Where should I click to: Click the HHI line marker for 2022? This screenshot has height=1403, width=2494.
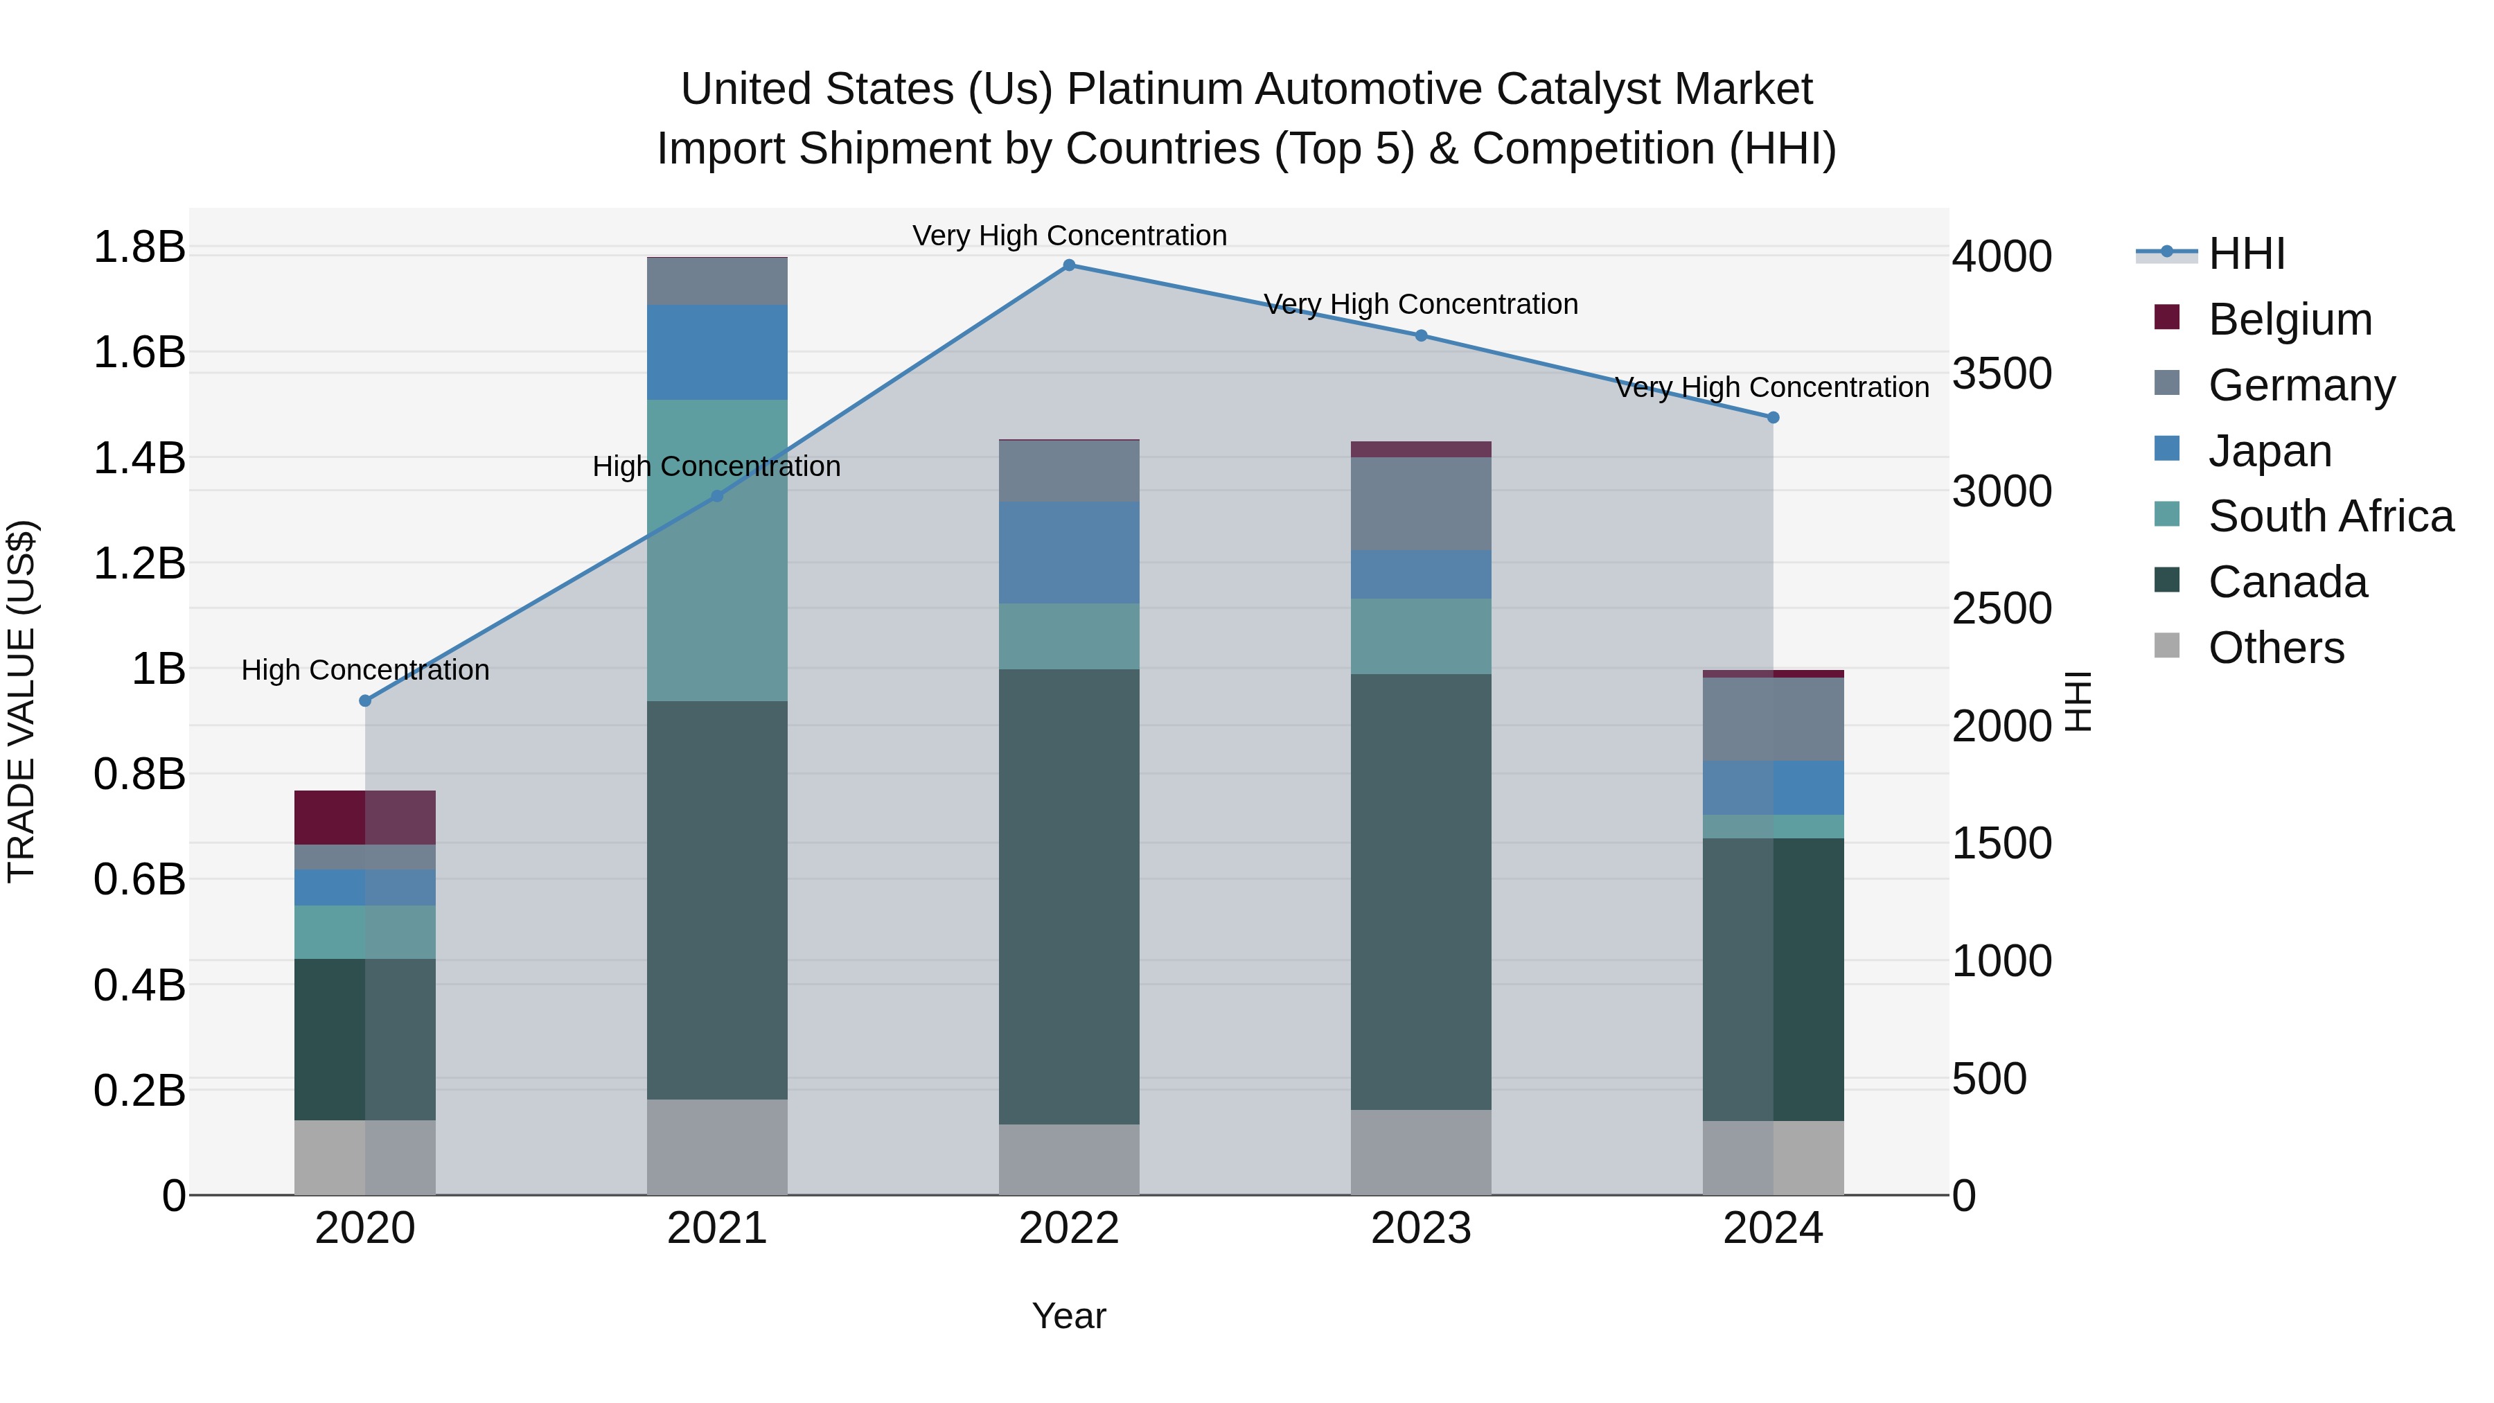[1069, 265]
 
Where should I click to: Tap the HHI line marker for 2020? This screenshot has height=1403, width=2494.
[365, 701]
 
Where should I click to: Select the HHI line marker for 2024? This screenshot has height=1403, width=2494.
[1773, 417]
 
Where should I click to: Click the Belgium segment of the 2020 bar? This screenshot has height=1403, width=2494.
[365, 818]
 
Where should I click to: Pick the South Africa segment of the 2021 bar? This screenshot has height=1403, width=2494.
[716, 550]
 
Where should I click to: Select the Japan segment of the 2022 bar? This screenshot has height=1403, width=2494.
[1069, 552]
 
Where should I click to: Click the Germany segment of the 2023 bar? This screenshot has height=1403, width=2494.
[1420, 504]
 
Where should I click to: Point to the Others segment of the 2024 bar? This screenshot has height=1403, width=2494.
[1773, 1158]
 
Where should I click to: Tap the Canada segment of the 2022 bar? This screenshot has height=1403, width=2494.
[1069, 896]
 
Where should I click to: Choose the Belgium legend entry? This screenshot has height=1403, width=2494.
[2289, 319]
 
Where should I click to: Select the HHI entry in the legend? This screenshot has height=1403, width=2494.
[2246, 254]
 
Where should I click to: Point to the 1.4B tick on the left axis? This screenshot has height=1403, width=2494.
[139, 458]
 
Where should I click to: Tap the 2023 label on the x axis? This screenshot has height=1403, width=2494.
[1420, 1228]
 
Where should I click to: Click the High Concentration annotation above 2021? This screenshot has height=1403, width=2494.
[716, 467]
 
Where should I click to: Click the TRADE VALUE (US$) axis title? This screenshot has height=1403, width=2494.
[21, 701]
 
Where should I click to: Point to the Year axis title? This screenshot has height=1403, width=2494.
[1069, 1316]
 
